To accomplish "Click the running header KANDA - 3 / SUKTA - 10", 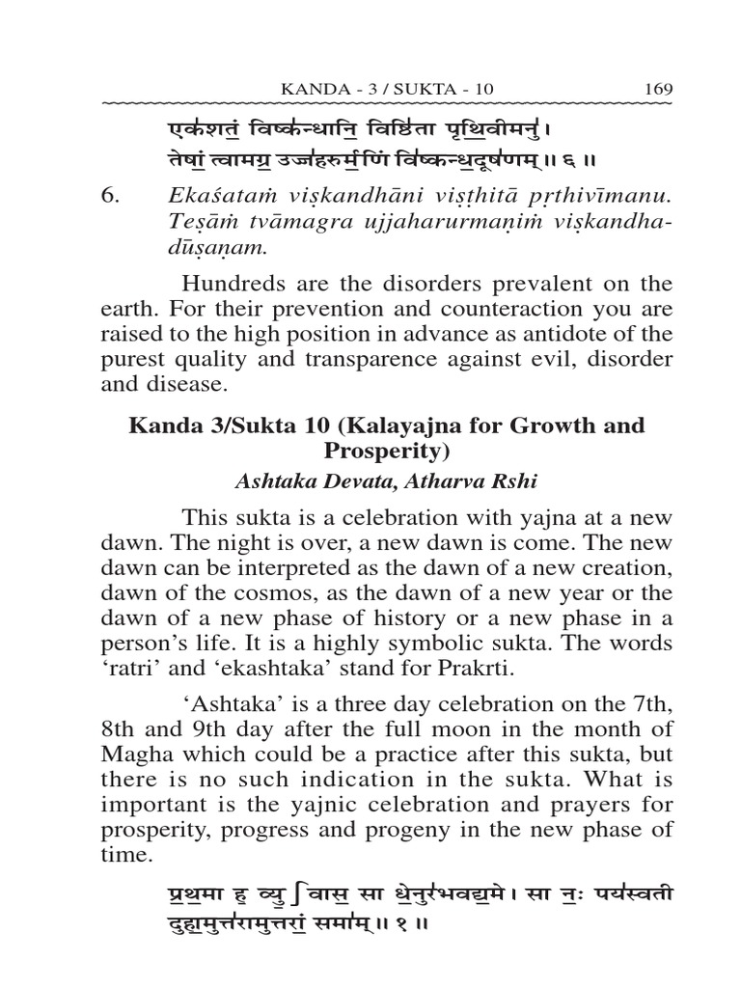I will (x=387, y=89).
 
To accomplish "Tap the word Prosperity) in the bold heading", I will (x=386, y=451).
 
